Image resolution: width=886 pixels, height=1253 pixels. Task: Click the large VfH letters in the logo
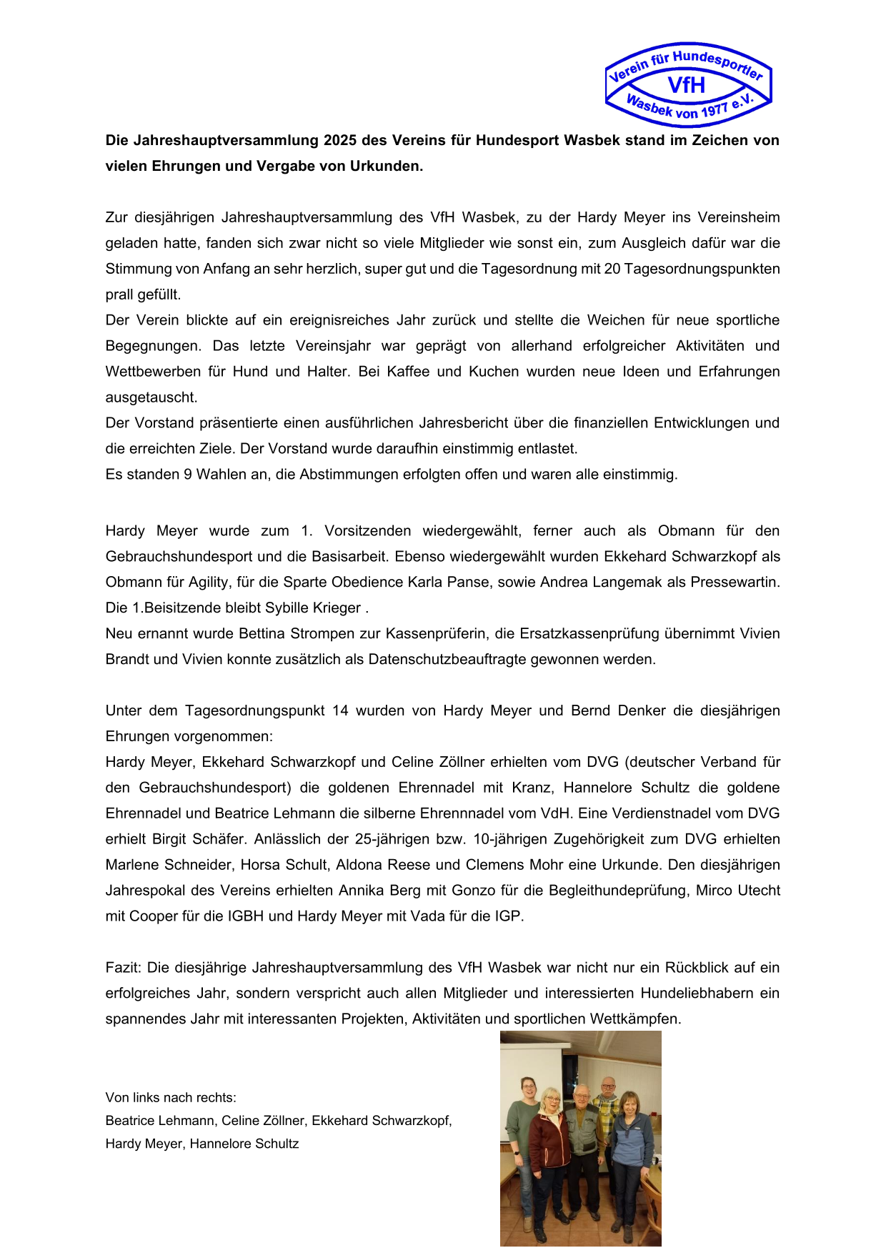pos(687,85)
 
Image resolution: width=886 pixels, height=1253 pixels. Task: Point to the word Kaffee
pos(407,372)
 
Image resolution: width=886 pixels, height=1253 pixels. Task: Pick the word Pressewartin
pos(735,582)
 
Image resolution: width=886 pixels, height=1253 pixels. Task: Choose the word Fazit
pos(123,968)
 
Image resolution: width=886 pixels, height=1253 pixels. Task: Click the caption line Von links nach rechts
pos(171,1098)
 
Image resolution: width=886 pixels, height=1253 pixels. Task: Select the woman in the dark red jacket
pos(549,1151)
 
